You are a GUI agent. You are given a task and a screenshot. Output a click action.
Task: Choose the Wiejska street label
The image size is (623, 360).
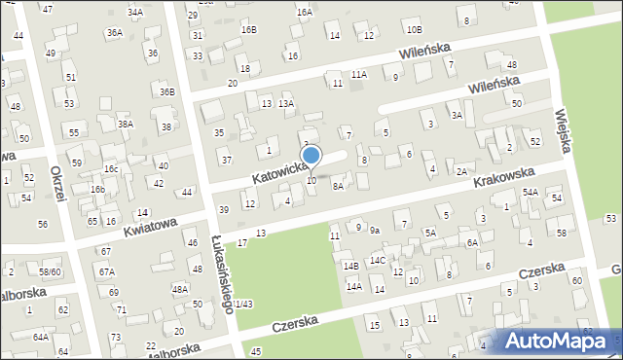563,128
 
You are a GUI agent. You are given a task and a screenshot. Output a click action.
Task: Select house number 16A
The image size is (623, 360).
305,13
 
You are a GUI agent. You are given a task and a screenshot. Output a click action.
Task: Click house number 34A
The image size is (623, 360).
135,13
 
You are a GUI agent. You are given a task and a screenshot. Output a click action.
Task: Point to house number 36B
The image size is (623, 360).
168,92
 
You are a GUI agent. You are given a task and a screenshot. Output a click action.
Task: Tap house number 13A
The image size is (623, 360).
286,103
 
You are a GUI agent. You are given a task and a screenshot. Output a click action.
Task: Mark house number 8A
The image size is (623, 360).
338,185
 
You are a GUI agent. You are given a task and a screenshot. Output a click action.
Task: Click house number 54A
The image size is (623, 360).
530,193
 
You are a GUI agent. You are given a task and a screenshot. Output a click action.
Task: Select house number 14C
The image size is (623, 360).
377,261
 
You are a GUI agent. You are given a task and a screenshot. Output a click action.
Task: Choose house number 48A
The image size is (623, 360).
179,289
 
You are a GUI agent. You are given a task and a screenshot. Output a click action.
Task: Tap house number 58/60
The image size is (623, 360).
50,271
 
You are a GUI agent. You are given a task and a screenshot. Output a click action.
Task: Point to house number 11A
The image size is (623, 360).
359,74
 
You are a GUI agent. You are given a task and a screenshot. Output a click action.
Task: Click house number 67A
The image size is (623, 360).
106,271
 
